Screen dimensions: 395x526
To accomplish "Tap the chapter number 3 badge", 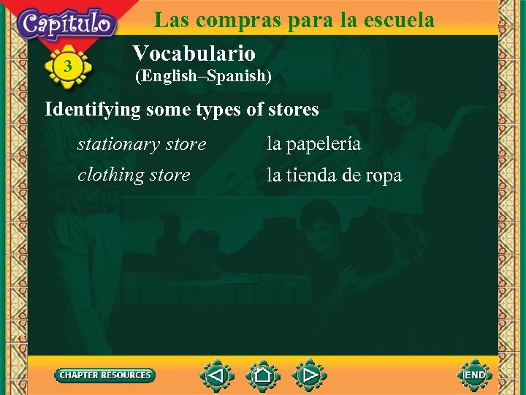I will pyautogui.click(x=68, y=67).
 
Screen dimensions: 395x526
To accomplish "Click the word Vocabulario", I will pyautogui.click(x=194, y=53).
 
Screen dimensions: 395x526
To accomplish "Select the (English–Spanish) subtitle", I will pyautogui.click(x=203, y=75).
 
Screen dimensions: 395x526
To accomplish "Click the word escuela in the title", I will pyautogui.click(x=397, y=19).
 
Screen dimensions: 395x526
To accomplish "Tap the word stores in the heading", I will pyautogui.click(x=294, y=110).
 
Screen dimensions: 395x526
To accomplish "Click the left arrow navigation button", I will pyautogui.click(x=217, y=376).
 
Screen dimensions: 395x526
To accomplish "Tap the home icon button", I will pyautogui.click(x=263, y=376).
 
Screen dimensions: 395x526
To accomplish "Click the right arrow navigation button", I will pyautogui.click(x=310, y=376).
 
